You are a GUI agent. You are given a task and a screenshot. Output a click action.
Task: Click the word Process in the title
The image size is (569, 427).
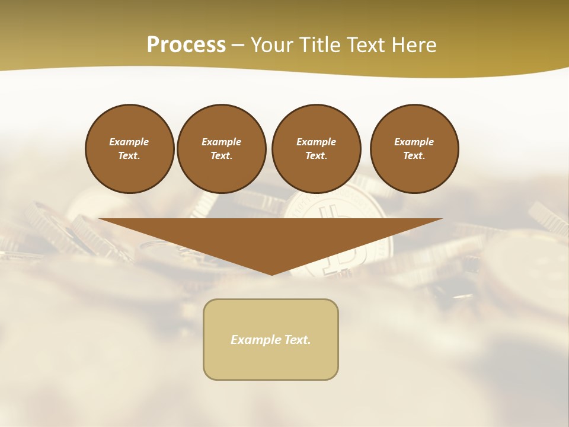[x=186, y=45]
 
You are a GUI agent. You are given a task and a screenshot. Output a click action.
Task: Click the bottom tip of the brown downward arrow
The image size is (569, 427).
[x=271, y=273]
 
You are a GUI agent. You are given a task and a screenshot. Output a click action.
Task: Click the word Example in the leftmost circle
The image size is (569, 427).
[x=129, y=142]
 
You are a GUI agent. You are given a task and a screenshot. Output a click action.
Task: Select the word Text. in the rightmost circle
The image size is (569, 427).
[x=414, y=156]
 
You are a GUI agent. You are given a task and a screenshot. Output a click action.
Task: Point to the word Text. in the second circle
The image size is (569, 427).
[x=222, y=156]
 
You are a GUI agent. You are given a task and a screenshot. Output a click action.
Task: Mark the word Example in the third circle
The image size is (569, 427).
[x=316, y=142]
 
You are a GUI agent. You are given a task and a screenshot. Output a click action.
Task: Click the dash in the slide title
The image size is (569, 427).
[x=238, y=46]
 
